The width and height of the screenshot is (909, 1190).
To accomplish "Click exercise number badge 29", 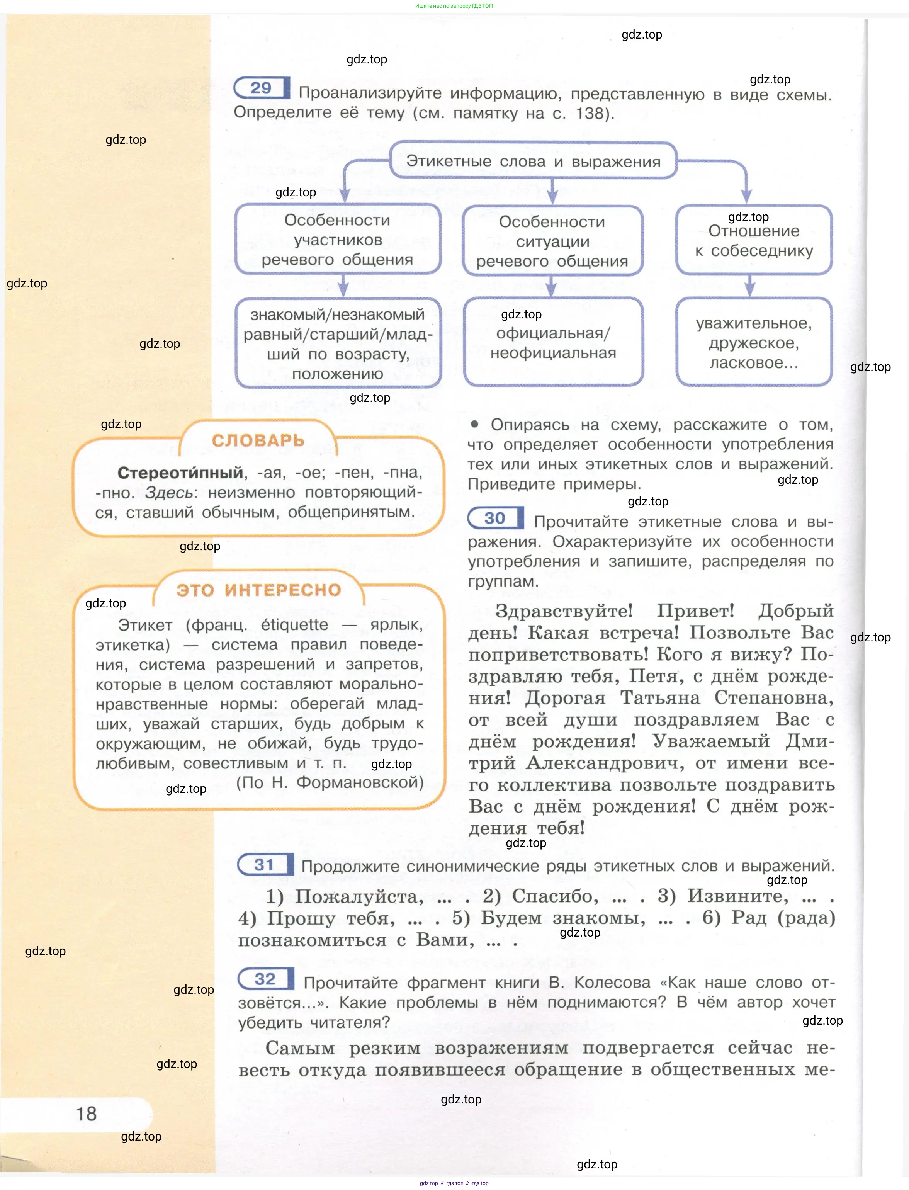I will pos(261,88).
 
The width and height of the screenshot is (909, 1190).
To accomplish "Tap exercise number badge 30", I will pos(495,518).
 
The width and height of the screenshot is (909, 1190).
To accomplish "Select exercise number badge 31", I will pos(265,865).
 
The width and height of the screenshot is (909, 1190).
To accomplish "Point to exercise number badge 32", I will pos(266,979).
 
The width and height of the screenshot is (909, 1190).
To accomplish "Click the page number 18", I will pos(86,1114).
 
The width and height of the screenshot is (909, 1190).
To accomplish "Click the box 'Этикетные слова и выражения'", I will pos(533,161).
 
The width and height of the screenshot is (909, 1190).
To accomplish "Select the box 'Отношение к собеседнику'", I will pos(754,240).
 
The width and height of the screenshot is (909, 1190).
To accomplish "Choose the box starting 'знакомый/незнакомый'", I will pos(338,343).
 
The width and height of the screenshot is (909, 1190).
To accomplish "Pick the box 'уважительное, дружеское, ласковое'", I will pos(754,343).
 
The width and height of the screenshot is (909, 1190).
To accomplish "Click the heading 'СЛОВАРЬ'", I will pos(258,440).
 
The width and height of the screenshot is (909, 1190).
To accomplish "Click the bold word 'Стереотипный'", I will pos(180,473).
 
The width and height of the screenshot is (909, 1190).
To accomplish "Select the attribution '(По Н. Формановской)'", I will pos(330,782).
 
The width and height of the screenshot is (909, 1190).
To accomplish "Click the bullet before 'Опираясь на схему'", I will pos(474,424).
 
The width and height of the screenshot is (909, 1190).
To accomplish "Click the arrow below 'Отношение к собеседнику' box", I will pos(749,286).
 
